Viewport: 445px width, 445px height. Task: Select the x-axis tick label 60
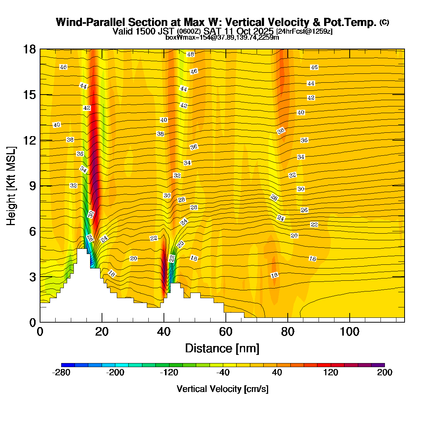(225, 332)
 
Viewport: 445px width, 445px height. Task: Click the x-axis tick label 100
(350, 332)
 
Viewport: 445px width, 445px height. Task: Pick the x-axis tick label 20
(102, 332)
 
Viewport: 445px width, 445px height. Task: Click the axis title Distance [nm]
(222, 349)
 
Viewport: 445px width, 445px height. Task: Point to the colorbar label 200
(385, 373)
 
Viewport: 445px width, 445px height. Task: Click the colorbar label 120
(331, 373)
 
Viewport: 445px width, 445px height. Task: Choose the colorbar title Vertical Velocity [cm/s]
(222, 389)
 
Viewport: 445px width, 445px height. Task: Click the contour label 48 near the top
(190, 55)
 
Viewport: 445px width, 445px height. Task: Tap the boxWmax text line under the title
(222, 37)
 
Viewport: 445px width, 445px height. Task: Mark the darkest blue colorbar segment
(68, 365)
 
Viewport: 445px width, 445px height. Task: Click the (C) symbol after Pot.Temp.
(384, 22)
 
